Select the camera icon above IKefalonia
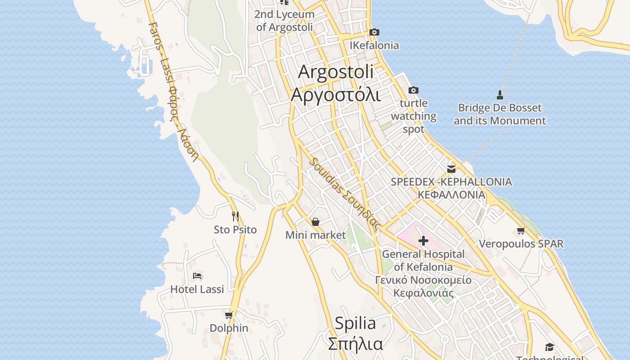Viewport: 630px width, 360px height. tap(374, 32)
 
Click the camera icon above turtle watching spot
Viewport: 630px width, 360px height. tap(413, 90)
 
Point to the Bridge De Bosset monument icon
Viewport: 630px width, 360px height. tap(499, 94)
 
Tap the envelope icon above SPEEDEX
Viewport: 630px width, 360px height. tap(451, 169)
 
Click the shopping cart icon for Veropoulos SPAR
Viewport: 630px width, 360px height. tap(521, 231)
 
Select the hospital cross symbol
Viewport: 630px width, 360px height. tap(423, 241)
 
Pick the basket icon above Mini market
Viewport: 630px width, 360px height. tap(315, 222)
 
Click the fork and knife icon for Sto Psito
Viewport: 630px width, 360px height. tap(235, 216)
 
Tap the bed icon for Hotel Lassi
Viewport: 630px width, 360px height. tap(197, 276)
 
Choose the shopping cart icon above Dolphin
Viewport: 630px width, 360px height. tap(229, 315)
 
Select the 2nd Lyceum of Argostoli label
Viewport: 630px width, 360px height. tap(284, 21)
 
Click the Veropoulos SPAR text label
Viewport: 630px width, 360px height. tap(521, 244)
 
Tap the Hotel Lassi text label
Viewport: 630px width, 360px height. tap(197, 289)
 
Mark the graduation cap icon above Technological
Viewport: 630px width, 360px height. tap(549, 347)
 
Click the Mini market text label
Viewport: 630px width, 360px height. tap(315, 235)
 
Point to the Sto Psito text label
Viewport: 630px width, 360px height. tap(235, 229)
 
